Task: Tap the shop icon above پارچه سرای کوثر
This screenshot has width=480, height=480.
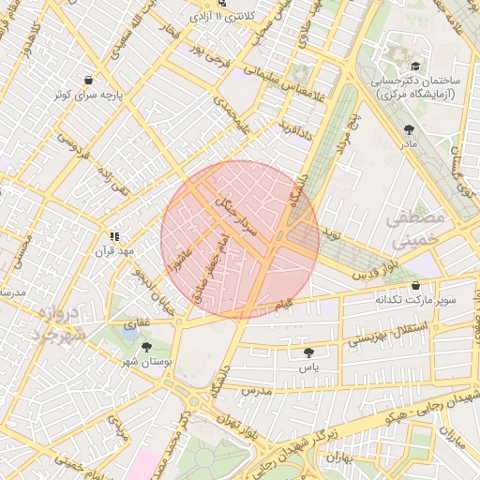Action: [88, 81]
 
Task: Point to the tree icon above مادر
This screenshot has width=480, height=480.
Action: [408, 129]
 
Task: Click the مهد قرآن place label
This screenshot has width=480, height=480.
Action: [120, 252]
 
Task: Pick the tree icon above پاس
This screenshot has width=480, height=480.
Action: [308, 352]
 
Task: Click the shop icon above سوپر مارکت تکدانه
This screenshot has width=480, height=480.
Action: [415, 286]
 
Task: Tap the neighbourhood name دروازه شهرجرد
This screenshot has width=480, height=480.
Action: [54, 322]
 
